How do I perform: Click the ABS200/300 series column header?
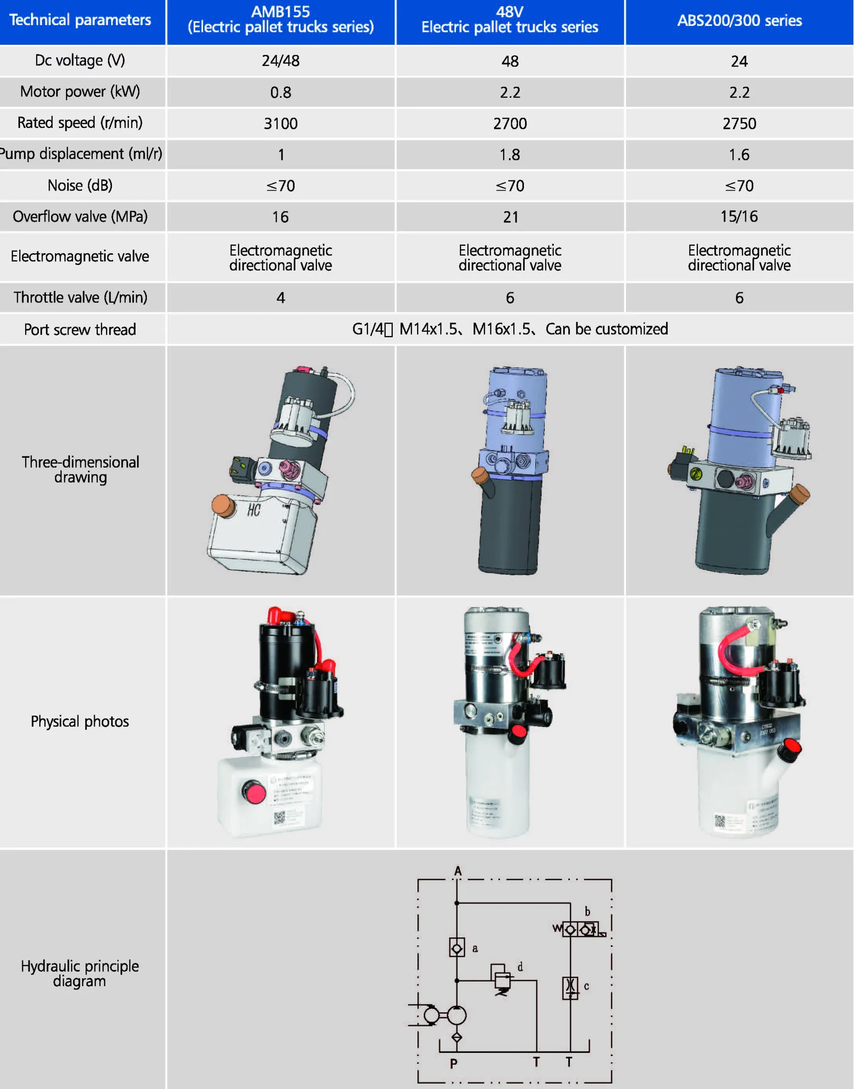click(x=739, y=20)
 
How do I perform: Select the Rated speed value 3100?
click(x=280, y=123)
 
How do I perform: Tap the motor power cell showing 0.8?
click(x=280, y=93)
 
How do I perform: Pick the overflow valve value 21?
click(x=510, y=217)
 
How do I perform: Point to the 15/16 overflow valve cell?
click(x=739, y=217)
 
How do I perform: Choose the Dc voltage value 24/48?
click(x=280, y=61)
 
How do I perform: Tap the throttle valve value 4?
click(x=280, y=298)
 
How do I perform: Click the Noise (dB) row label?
click(x=80, y=185)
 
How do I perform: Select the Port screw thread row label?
click(x=80, y=330)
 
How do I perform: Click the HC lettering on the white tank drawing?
click(x=254, y=510)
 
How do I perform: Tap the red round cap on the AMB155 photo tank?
click(x=255, y=792)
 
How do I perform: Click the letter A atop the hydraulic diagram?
click(x=458, y=871)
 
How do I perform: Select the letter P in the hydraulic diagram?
click(x=454, y=1063)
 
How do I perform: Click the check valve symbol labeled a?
click(x=457, y=947)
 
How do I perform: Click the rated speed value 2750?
click(x=739, y=123)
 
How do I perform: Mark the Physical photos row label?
click(x=80, y=721)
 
